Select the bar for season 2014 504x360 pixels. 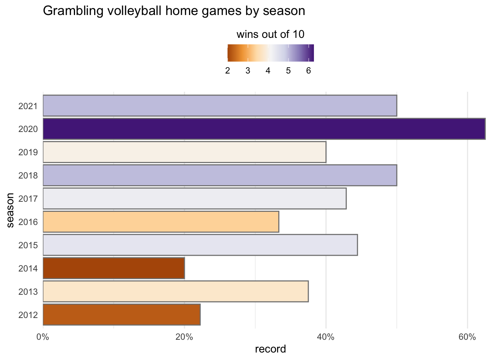114,268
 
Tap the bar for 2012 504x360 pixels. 121,314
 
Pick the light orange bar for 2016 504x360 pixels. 161,222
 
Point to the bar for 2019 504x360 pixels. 184,152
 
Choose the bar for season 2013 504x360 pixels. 175,291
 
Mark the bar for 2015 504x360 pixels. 200,245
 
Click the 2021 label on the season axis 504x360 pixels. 28,106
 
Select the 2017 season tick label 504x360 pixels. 28,199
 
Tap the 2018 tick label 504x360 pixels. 28,175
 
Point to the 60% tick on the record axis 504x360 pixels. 467,337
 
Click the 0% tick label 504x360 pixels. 43,337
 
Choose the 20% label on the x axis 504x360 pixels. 184,337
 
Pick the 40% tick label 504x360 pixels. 326,337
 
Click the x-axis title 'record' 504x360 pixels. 270,349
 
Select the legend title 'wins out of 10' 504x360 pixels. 270,35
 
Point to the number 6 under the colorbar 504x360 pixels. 308,71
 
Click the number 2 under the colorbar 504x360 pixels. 228,71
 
